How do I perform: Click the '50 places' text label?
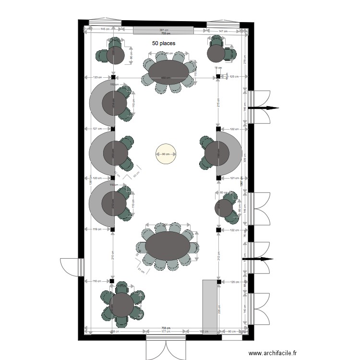164,43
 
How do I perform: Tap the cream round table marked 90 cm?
166,154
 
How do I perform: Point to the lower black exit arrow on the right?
259,259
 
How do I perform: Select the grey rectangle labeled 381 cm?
164,31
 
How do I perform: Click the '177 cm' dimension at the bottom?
166,331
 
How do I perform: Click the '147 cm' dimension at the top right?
223,31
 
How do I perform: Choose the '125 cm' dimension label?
234,77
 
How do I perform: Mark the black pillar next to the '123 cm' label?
113,77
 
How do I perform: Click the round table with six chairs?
122,305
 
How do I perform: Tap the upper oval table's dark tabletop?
168,72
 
